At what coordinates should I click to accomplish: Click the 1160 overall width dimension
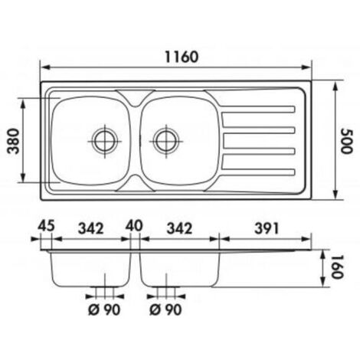[x=182, y=57]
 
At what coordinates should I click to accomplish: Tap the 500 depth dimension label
[x=347, y=141]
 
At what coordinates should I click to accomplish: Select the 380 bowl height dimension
[x=13, y=141]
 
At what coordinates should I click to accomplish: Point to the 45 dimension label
[x=46, y=226]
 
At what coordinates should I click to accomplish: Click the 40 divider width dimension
[x=134, y=226]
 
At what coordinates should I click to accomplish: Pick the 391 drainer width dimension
[x=267, y=228]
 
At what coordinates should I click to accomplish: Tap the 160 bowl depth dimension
[x=337, y=267]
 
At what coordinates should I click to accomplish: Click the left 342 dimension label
[x=90, y=228]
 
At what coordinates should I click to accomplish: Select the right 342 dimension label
[x=179, y=228]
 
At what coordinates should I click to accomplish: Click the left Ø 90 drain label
[x=104, y=310]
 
